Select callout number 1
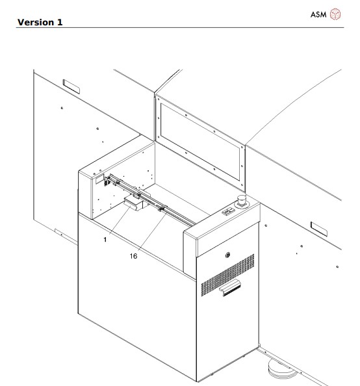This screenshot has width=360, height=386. pos(105,240)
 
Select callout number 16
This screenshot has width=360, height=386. pos(133,256)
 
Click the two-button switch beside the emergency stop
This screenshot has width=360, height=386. pos(229,211)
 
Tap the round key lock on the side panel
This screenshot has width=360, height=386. pos(227,254)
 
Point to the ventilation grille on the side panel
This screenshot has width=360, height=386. pos(227,274)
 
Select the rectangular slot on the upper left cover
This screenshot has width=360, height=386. pos(69,84)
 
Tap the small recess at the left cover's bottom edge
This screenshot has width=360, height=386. pos(57,231)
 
